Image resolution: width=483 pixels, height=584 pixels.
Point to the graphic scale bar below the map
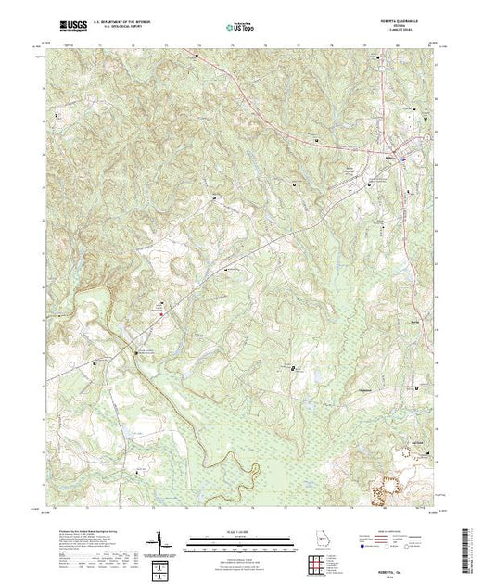(239, 538)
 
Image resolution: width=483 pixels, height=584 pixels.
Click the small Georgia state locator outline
(318, 540)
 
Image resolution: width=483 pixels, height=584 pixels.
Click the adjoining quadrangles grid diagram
(163, 565)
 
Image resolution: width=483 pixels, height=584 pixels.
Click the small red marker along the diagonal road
(160, 315)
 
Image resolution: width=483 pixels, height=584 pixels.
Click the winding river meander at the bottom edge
(243, 489)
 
